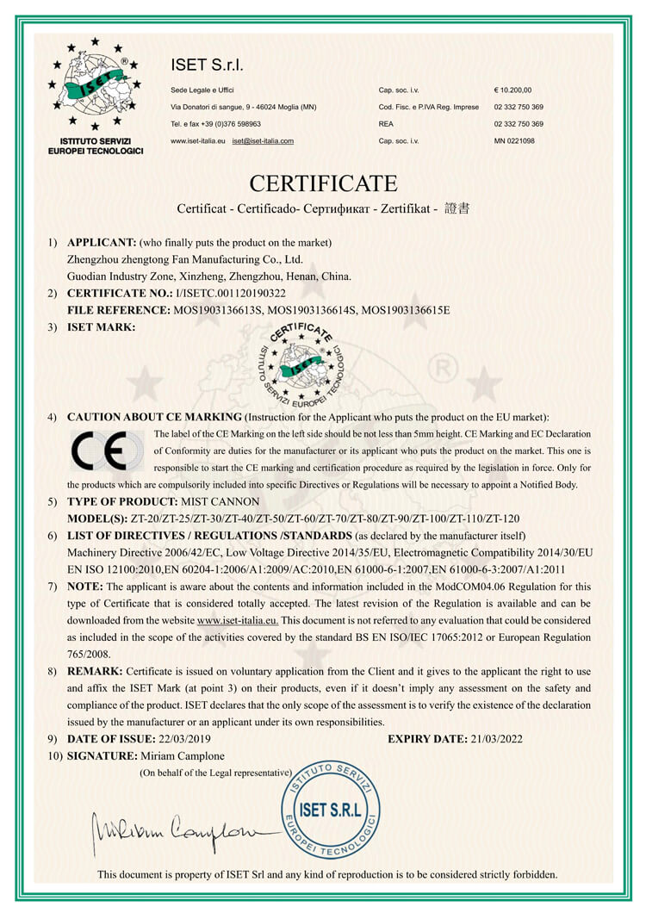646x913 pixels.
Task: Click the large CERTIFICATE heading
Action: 323,183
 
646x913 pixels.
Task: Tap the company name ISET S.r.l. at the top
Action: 208,65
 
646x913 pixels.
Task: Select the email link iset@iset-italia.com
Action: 263,140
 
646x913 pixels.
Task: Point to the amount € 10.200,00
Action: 513,90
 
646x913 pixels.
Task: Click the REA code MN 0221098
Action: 514,140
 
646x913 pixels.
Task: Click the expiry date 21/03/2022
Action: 495,738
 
